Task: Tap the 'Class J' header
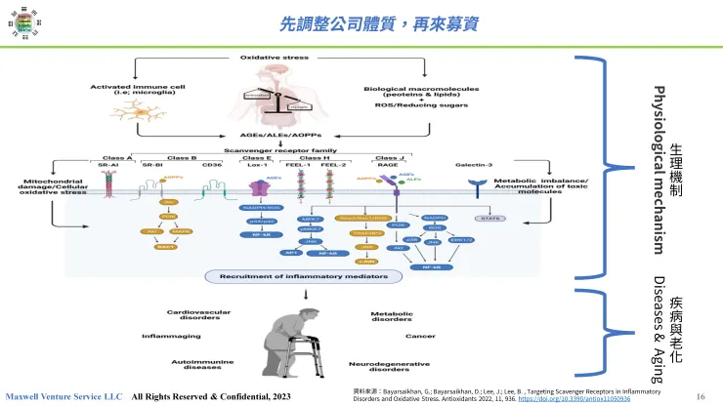pos(389,157)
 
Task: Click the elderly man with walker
pos(283,342)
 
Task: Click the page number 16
pos(701,396)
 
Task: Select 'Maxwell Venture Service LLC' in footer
pos(64,397)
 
